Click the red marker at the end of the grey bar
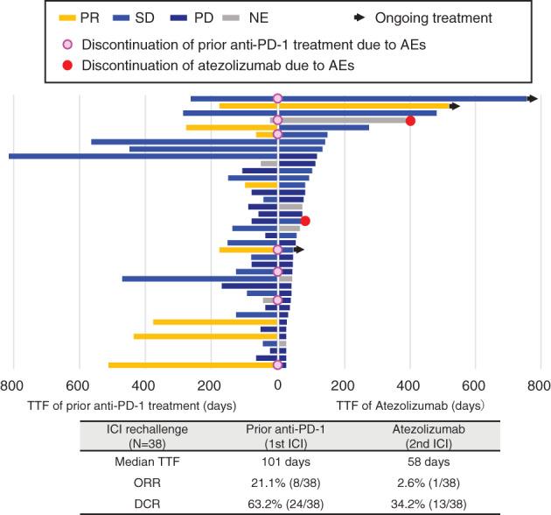pos(410,121)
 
